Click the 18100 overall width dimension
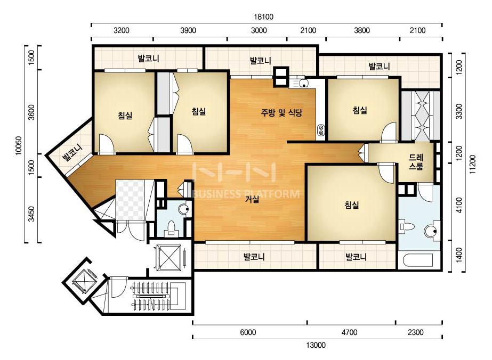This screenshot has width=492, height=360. pos(263,17)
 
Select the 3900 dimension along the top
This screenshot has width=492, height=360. pos(188,30)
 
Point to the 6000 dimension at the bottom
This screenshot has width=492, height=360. pos(248,332)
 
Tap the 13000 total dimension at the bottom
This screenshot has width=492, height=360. pos(316,345)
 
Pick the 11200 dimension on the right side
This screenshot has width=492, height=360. pos(473,164)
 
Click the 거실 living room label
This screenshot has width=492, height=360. pos(252,199)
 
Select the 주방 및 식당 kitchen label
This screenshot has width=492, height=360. pos(281,112)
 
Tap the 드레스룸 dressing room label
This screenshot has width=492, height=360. pos(416,161)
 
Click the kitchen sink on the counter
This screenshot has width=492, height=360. pos(299,84)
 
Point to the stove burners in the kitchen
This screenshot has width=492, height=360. pos(321,130)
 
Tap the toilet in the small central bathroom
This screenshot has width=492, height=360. pos(171,228)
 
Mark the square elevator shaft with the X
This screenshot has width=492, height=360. pos(170,258)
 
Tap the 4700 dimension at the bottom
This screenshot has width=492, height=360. pos(349,332)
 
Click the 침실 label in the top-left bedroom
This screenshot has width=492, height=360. pos(125,116)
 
